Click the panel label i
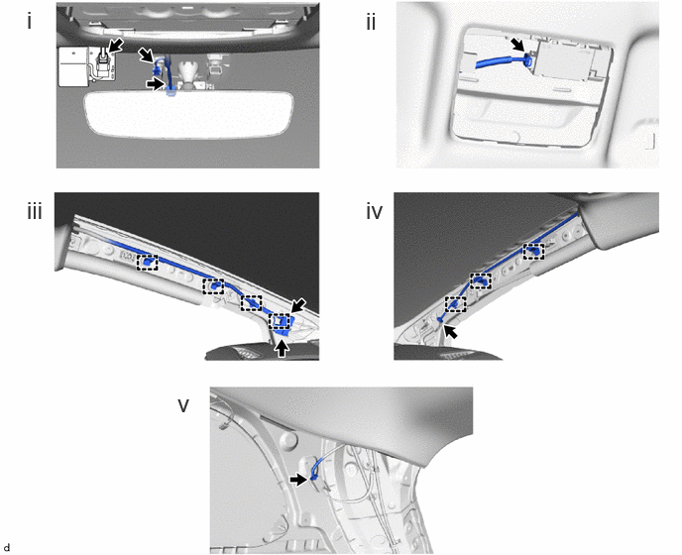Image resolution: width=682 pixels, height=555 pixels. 29,22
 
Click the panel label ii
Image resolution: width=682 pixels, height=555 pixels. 371,22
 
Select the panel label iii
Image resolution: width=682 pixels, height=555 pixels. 35,212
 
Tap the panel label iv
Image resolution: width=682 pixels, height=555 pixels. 374,212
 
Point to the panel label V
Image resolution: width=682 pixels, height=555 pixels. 183,405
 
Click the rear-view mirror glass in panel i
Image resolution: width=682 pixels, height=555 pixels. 189,114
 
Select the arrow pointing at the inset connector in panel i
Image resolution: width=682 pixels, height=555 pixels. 116,46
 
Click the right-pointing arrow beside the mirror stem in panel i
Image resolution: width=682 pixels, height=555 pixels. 157,84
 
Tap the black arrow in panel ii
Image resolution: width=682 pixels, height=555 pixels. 517,45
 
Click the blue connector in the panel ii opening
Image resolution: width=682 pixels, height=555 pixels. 529,60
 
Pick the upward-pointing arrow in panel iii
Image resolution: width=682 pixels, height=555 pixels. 283,348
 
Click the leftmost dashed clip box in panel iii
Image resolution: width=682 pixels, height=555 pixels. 148,263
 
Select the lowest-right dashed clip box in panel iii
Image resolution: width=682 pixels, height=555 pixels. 280,321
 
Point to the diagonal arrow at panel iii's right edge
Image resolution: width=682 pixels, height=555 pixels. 298,306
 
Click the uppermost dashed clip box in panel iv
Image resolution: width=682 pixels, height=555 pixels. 533,252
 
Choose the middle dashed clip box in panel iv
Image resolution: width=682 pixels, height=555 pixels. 481,280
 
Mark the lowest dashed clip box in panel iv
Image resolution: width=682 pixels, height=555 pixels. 455,304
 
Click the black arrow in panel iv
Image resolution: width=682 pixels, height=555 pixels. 451,332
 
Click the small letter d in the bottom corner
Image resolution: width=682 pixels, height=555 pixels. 7,547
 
